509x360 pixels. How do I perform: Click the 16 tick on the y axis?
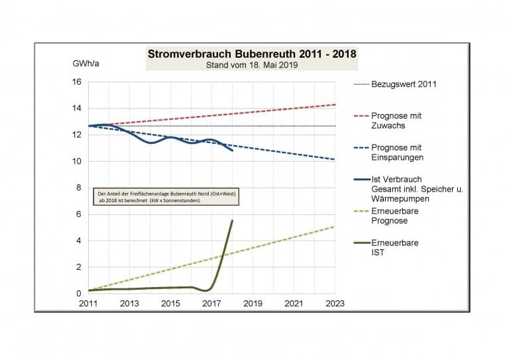pyautogui.click(x=76, y=82)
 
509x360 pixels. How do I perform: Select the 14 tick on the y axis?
pyautogui.click(x=76, y=109)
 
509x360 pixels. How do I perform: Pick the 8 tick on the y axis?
pyautogui.click(x=78, y=188)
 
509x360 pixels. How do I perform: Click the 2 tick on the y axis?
pyautogui.click(x=78, y=267)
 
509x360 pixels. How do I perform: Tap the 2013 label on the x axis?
pyautogui.click(x=129, y=304)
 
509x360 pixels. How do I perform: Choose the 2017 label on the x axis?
pyautogui.click(x=211, y=304)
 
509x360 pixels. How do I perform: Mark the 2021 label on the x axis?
pyautogui.click(x=294, y=304)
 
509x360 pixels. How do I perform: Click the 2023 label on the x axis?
pyautogui.click(x=335, y=304)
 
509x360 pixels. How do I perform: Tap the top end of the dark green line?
pyautogui.click(x=232, y=221)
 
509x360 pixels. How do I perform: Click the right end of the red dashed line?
pyautogui.click(x=335, y=105)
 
